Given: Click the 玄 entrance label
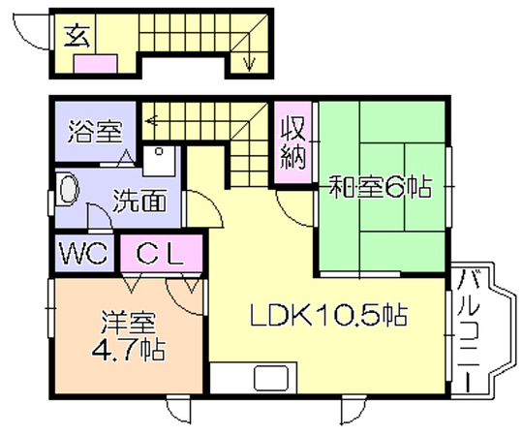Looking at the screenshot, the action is pos(77,36).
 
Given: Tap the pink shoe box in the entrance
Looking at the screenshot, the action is pos(95,64).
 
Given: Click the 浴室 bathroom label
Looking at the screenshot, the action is pos(95,132).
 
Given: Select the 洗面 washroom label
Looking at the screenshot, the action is pos(139,201).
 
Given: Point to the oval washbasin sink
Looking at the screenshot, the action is pos(69,190).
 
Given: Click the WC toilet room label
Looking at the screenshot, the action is pos(83,253).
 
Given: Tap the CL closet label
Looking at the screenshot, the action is pos(160,254).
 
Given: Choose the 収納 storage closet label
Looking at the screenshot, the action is pos(292,143).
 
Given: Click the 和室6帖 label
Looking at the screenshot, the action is pos(380,187).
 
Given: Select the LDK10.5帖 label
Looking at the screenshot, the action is pos(328,315).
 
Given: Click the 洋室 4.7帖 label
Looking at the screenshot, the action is pos(129,336).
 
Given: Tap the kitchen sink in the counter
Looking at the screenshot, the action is pos(271,378).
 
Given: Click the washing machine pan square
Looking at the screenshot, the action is pos(159,161).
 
